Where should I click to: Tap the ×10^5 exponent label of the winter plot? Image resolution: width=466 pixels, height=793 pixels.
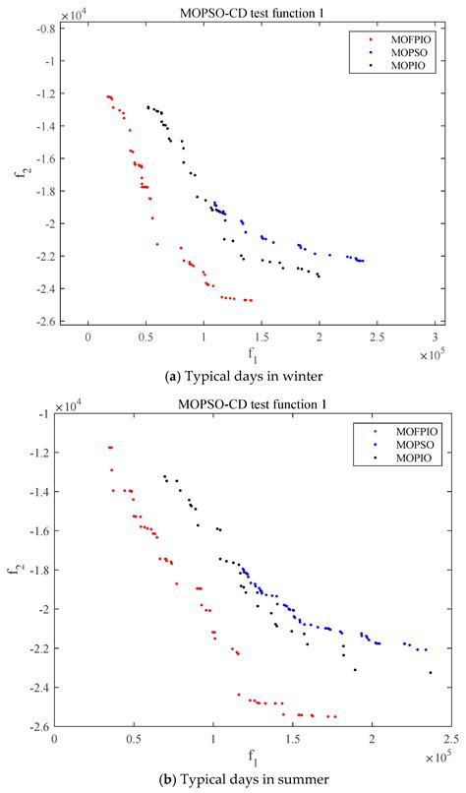(433, 351)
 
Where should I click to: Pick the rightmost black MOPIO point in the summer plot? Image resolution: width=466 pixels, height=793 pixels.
(430, 673)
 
